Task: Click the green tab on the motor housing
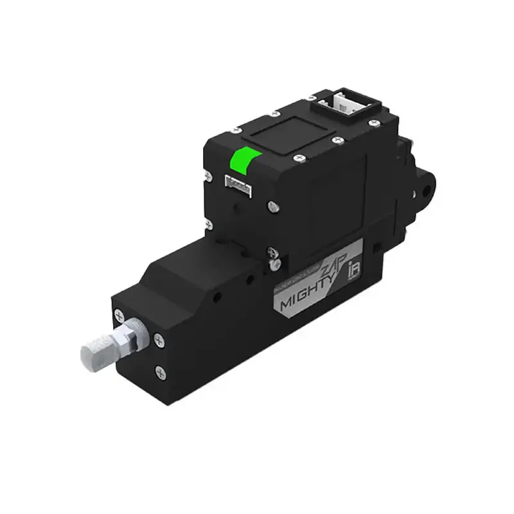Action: [245, 160]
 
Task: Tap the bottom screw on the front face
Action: [159, 371]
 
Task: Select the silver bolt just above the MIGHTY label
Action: [274, 261]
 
